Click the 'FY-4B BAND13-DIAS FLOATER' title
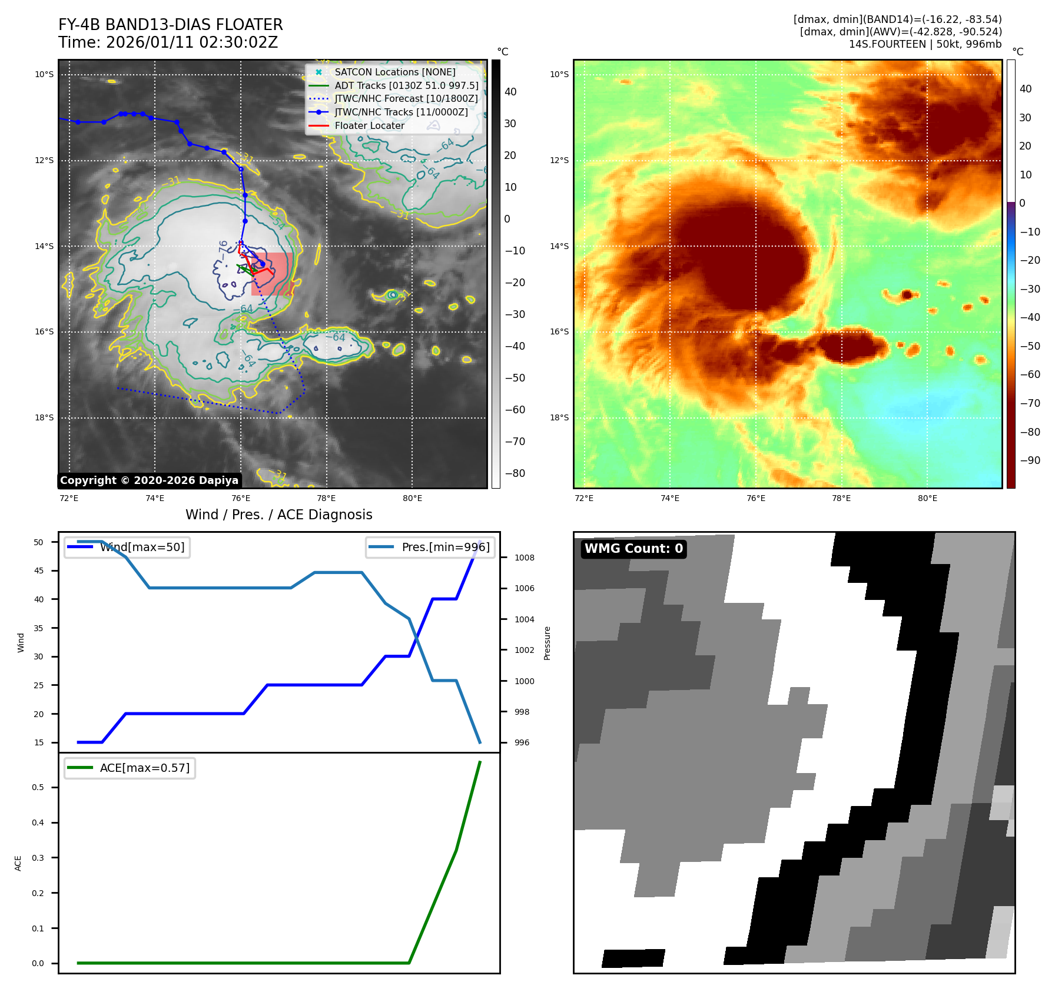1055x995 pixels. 170,25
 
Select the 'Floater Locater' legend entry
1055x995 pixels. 369,125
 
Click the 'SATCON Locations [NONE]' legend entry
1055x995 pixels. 394,72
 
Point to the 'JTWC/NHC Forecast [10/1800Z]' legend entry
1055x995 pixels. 406,99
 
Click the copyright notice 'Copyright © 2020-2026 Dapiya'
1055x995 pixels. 149,480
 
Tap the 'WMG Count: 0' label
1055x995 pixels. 633,549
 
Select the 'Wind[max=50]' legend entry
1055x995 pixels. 142,547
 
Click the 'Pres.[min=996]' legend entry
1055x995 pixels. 445,547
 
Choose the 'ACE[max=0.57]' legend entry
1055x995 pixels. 145,768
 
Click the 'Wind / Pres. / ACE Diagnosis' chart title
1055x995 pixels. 278,515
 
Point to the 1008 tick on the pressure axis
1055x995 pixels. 524,558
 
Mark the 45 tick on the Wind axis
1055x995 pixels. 39,571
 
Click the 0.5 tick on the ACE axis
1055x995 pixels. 38,787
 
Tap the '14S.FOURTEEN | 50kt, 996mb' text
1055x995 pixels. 925,44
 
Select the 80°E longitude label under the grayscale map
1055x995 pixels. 412,498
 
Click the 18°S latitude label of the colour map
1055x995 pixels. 559,417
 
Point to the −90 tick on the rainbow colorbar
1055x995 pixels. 1030,460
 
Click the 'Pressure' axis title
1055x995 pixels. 547,643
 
